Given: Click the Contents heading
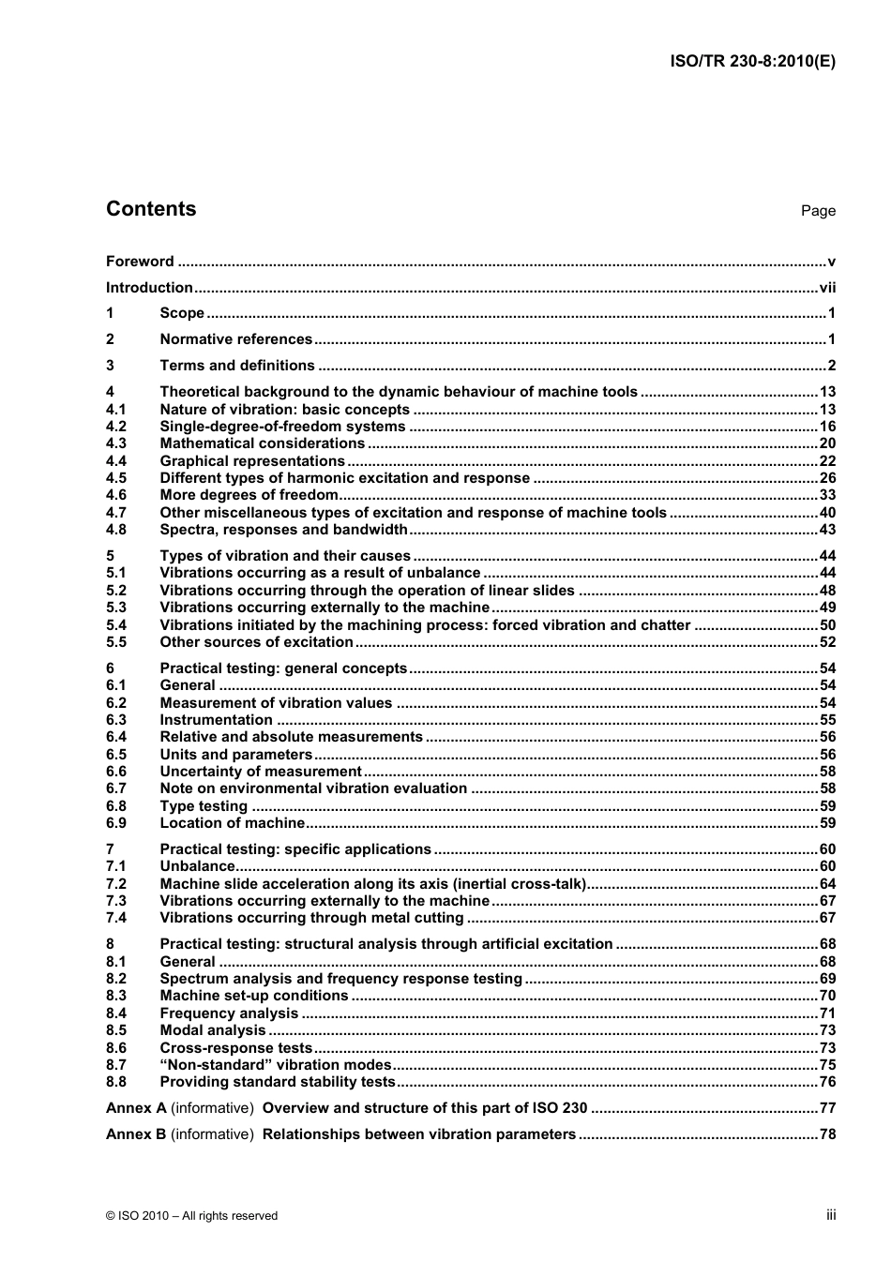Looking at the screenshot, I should coord(151,209).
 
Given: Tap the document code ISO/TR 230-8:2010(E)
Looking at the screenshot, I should coord(752,62).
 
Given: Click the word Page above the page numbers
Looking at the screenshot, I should coord(817,211).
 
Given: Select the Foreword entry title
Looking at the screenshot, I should coord(140,262).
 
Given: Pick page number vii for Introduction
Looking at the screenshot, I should coord(826,288).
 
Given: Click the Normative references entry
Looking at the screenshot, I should coord(235,339).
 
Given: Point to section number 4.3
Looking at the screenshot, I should coord(116,443).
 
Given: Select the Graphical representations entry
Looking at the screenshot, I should coord(252,461).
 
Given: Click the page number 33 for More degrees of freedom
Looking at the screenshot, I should coord(826,495).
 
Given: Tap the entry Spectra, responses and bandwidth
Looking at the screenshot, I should coord(282,530).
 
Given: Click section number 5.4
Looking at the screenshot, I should coord(116,625).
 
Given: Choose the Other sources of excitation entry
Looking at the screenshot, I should coord(256,642).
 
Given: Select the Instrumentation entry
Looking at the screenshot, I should coord(216,720).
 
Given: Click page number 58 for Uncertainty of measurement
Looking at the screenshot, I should coord(826,772).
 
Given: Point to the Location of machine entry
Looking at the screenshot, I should coord(232,823).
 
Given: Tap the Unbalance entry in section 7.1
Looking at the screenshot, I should coord(197,866).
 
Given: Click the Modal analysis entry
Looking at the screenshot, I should coord(213,1030).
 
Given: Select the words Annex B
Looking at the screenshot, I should coord(136,1134).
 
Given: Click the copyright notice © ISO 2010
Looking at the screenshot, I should coord(191,1216).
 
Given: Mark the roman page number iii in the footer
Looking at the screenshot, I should coord(830,1215).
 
